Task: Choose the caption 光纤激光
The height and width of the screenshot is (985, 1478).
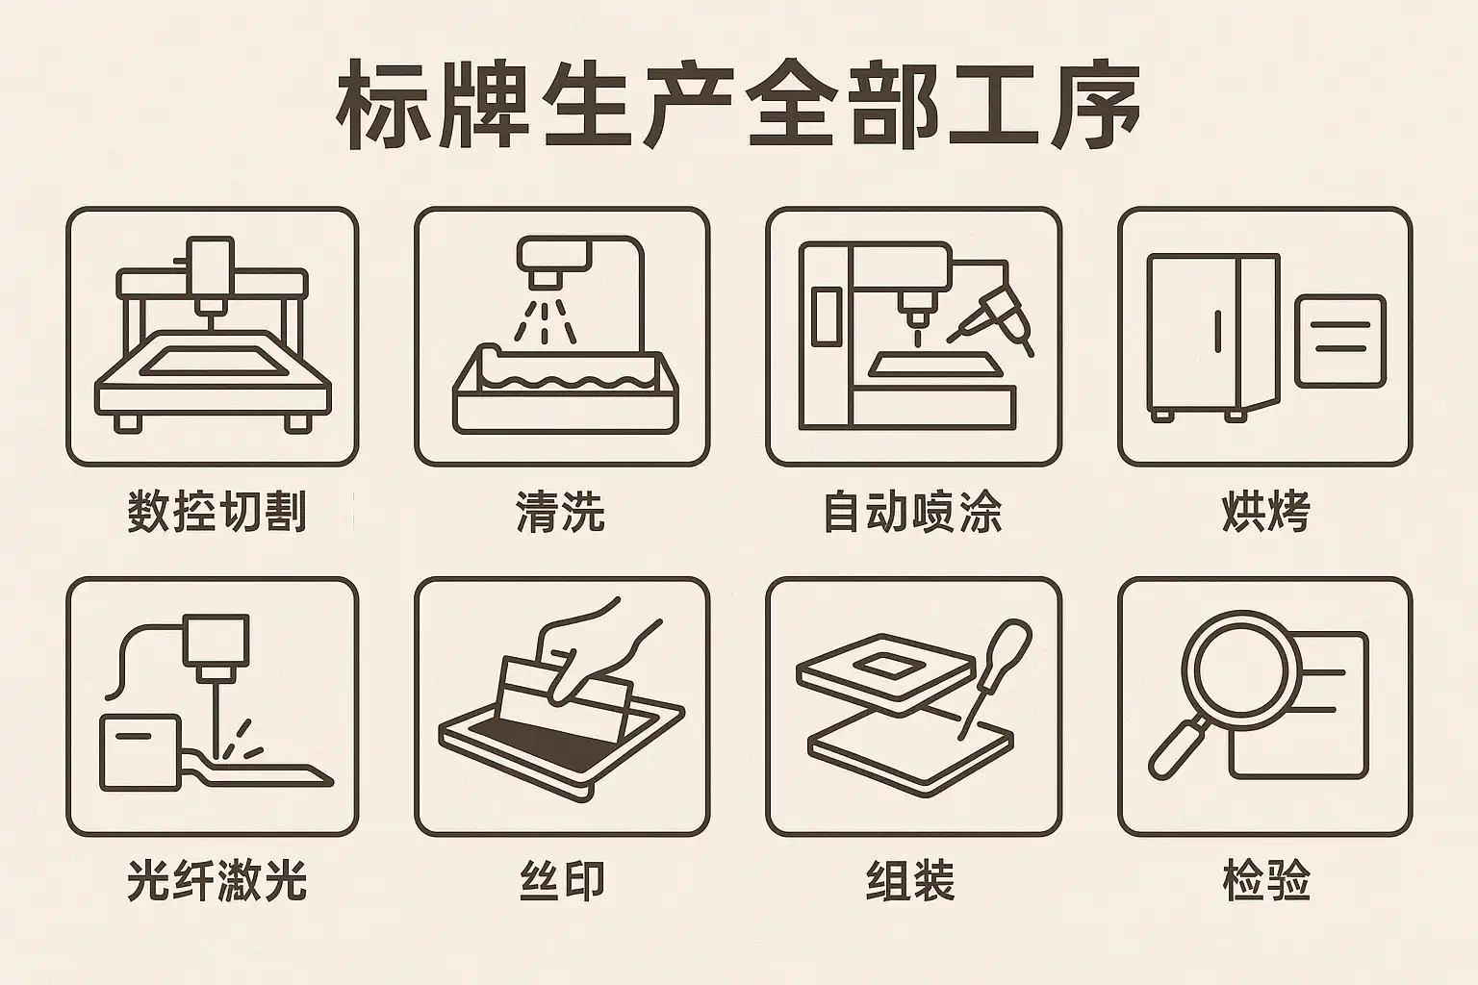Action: point(217,880)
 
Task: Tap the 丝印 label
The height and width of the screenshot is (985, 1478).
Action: point(562,880)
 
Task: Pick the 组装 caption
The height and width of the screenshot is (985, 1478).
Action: point(910,880)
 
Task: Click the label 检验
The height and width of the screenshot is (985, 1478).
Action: point(1265,880)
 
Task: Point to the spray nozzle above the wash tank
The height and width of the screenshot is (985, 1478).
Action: point(553,261)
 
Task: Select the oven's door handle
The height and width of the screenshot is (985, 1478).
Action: point(1218,332)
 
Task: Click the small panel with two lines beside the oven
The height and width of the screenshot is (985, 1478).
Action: point(1340,341)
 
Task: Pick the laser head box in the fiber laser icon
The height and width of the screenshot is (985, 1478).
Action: point(216,640)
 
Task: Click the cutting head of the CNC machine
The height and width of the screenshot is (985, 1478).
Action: point(211,277)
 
